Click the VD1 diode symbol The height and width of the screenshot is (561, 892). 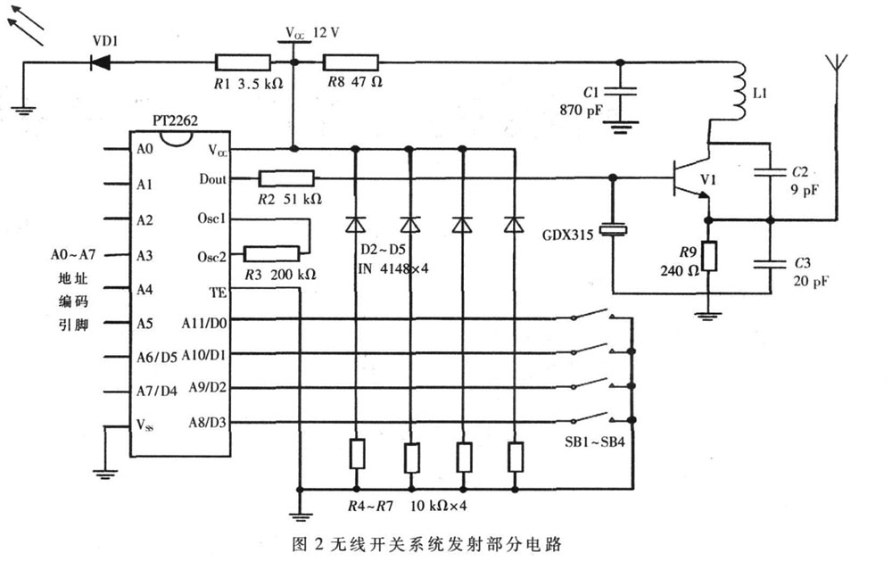(x=100, y=62)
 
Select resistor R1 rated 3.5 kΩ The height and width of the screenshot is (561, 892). (x=243, y=62)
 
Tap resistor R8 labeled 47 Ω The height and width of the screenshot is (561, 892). (x=351, y=62)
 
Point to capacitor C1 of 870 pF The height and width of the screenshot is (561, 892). (x=623, y=92)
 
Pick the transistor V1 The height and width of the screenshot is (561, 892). (x=691, y=179)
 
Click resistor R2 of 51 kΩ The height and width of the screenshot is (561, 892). (x=285, y=179)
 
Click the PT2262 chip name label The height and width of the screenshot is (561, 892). (x=167, y=130)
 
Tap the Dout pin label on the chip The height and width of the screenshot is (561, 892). (x=212, y=179)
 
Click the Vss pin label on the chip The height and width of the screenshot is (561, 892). (x=145, y=424)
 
